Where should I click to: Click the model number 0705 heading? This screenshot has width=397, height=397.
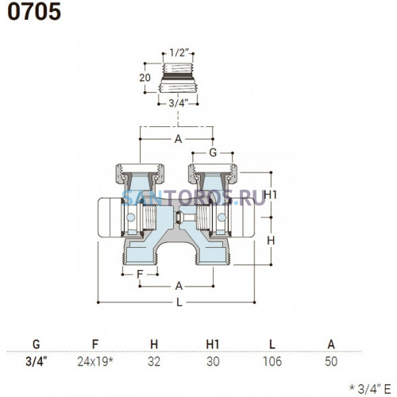(x=34, y=12)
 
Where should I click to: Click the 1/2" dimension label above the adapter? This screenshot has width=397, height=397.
(x=179, y=53)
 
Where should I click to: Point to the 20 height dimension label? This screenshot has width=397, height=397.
(x=145, y=78)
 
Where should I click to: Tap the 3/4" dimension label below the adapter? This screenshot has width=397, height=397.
(x=179, y=103)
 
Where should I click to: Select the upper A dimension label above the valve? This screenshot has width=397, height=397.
(x=178, y=139)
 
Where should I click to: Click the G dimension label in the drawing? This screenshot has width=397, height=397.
(x=213, y=152)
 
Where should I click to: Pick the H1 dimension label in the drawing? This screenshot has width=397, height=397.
(x=270, y=195)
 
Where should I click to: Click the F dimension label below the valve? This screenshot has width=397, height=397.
(x=140, y=274)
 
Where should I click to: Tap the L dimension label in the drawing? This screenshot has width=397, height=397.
(x=179, y=303)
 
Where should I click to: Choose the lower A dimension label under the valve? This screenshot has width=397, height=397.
(x=179, y=286)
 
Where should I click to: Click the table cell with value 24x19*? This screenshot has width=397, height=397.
(x=95, y=361)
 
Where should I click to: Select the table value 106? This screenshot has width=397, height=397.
(x=272, y=361)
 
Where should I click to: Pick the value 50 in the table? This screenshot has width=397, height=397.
(x=331, y=361)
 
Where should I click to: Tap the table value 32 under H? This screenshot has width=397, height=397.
(x=154, y=361)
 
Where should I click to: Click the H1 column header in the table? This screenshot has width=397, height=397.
(x=213, y=345)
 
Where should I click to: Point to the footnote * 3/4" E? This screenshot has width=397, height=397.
(x=370, y=388)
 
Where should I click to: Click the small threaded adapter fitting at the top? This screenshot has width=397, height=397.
(x=178, y=78)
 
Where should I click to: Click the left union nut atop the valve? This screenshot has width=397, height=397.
(x=140, y=174)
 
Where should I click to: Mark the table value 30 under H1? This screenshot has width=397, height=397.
(x=213, y=361)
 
